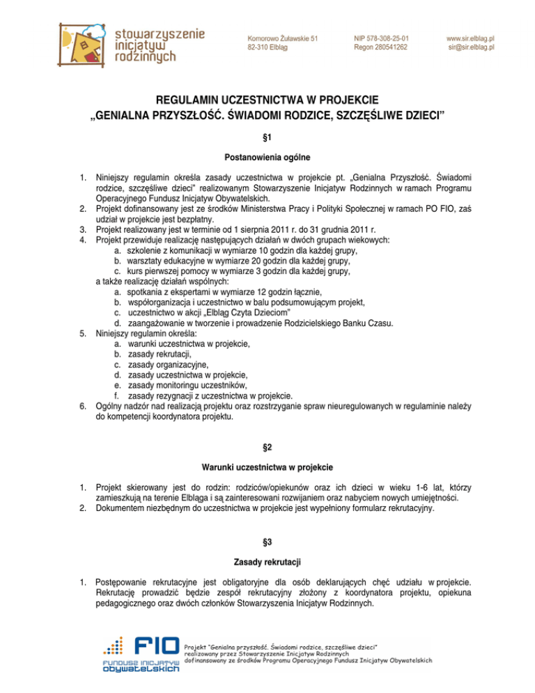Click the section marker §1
pyautogui.click(x=267, y=138)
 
